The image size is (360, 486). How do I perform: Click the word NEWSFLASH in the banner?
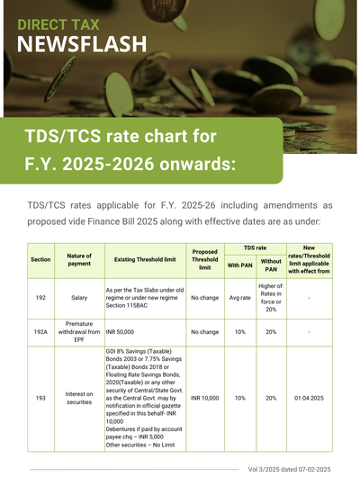click(x=82, y=44)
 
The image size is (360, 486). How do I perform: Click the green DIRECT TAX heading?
click(x=58, y=25)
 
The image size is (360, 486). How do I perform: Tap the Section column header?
click(x=40, y=260)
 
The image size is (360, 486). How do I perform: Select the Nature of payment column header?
click(x=79, y=260)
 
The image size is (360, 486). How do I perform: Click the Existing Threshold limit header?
click(x=145, y=260)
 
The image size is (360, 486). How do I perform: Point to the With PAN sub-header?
click(x=240, y=265)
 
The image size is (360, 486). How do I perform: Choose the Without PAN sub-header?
click(x=271, y=265)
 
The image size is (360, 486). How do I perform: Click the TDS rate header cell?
click(x=256, y=248)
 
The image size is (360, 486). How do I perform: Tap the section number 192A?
click(x=40, y=332)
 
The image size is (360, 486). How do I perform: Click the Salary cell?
click(x=79, y=298)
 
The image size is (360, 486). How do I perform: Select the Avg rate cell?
click(x=240, y=298)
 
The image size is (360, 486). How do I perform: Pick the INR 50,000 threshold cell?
click(x=120, y=332)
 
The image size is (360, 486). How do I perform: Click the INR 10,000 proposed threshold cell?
click(x=205, y=398)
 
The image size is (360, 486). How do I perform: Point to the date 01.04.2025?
click(x=309, y=398)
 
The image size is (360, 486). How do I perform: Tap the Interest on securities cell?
click(x=79, y=398)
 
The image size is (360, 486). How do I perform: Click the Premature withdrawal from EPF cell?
click(x=79, y=331)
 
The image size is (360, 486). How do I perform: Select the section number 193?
click(x=40, y=398)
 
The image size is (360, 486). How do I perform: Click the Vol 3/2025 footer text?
click(x=289, y=470)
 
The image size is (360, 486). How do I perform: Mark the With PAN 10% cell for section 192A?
click(x=240, y=332)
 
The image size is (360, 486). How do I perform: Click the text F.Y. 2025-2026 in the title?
click(x=90, y=164)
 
